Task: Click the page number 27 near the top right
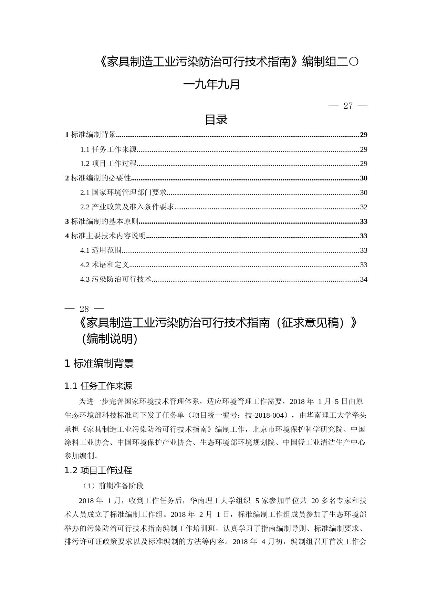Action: [x=348, y=106]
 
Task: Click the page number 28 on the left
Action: [x=84, y=309]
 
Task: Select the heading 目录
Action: [x=216, y=120]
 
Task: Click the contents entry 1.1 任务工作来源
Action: [x=108, y=149]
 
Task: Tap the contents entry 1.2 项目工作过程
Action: [x=108, y=164]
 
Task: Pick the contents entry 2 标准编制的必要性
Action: [x=98, y=178]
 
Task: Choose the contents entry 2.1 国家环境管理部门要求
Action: [x=123, y=192]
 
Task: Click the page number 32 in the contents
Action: [x=363, y=207]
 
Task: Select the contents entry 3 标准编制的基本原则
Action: [x=102, y=221]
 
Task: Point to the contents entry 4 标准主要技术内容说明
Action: [x=106, y=236]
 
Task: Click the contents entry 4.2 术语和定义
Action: [x=105, y=265]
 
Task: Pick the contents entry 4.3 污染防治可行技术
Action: [x=116, y=279]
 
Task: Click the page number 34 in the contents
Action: [x=363, y=279]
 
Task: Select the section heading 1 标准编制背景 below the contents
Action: [x=99, y=363]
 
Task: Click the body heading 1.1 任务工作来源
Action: [x=98, y=386]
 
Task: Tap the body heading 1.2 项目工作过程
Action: [x=98, y=470]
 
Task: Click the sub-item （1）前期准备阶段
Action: [x=113, y=486]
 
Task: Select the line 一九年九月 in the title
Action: [x=212, y=84]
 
